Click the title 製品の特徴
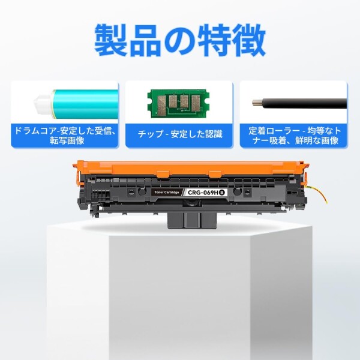180,41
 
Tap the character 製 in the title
112,41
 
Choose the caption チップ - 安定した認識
180,134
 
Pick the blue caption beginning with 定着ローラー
294,134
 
